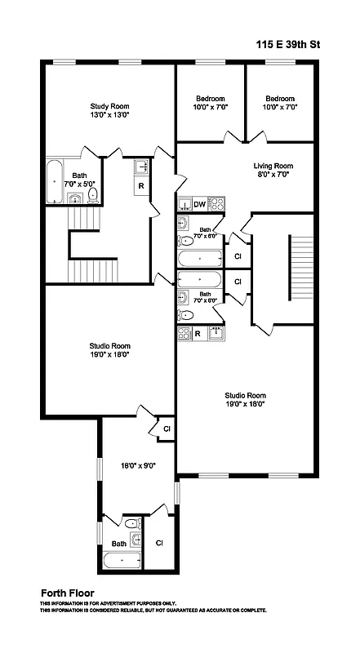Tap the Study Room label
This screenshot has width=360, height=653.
[109, 106]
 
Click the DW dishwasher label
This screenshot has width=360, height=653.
[199, 204]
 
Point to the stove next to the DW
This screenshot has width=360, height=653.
[216, 203]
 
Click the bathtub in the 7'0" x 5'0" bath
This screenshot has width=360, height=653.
[54, 181]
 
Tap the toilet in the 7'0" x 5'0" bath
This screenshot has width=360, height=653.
[92, 194]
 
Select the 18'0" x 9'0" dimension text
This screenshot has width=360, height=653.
[138, 465]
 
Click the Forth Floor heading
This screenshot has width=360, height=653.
[68, 593]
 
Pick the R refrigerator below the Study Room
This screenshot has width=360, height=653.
[141, 186]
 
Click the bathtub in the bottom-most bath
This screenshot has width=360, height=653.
[121, 561]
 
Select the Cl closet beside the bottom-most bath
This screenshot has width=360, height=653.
[159, 543]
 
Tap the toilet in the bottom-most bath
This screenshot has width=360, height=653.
[131, 522]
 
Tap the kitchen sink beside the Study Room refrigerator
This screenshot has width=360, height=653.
[141, 167]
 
